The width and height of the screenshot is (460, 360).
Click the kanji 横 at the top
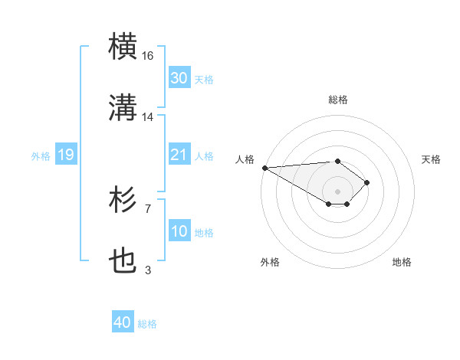tap(123, 47)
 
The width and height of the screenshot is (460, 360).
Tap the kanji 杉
tap(123, 199)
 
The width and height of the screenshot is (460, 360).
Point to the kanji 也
tap(123, 261)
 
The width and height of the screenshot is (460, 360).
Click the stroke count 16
tap(148, 56)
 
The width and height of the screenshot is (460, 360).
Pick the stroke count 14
tap(148, 117)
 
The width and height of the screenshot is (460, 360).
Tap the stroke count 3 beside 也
tap(148, 270)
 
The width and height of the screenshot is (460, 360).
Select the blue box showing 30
tap(179, 78)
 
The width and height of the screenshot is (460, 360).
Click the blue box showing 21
tap(179, 155)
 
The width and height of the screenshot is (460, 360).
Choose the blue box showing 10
tap(179, 231)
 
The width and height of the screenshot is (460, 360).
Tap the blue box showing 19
tap(65, 155)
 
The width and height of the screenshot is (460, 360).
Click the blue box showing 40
tap(123, 323)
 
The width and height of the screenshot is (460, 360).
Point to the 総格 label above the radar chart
tap(338, 100)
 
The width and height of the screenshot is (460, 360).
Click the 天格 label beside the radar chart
tap(432, 159)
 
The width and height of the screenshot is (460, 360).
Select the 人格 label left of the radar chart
tap(244, 159)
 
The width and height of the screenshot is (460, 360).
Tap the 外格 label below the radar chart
tap(270, 262)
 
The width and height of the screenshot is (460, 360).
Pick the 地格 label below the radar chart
tap(402, 262)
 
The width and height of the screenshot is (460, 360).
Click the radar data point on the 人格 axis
tap(264, 168)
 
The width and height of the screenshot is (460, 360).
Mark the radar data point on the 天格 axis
tap(367, 182)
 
